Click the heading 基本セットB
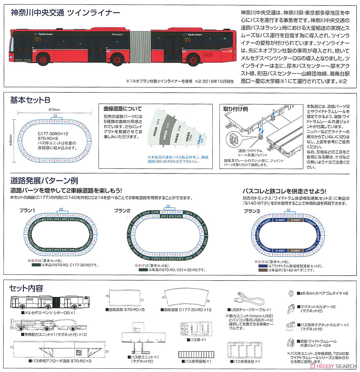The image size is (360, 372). [x=30, y=100]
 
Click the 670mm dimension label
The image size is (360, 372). [x=54, y=109]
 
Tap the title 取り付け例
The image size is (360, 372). [x=236, y=109]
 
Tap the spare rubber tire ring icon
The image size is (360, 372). [x=291, y=293]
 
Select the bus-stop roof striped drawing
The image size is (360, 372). [x=195, y=354]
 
